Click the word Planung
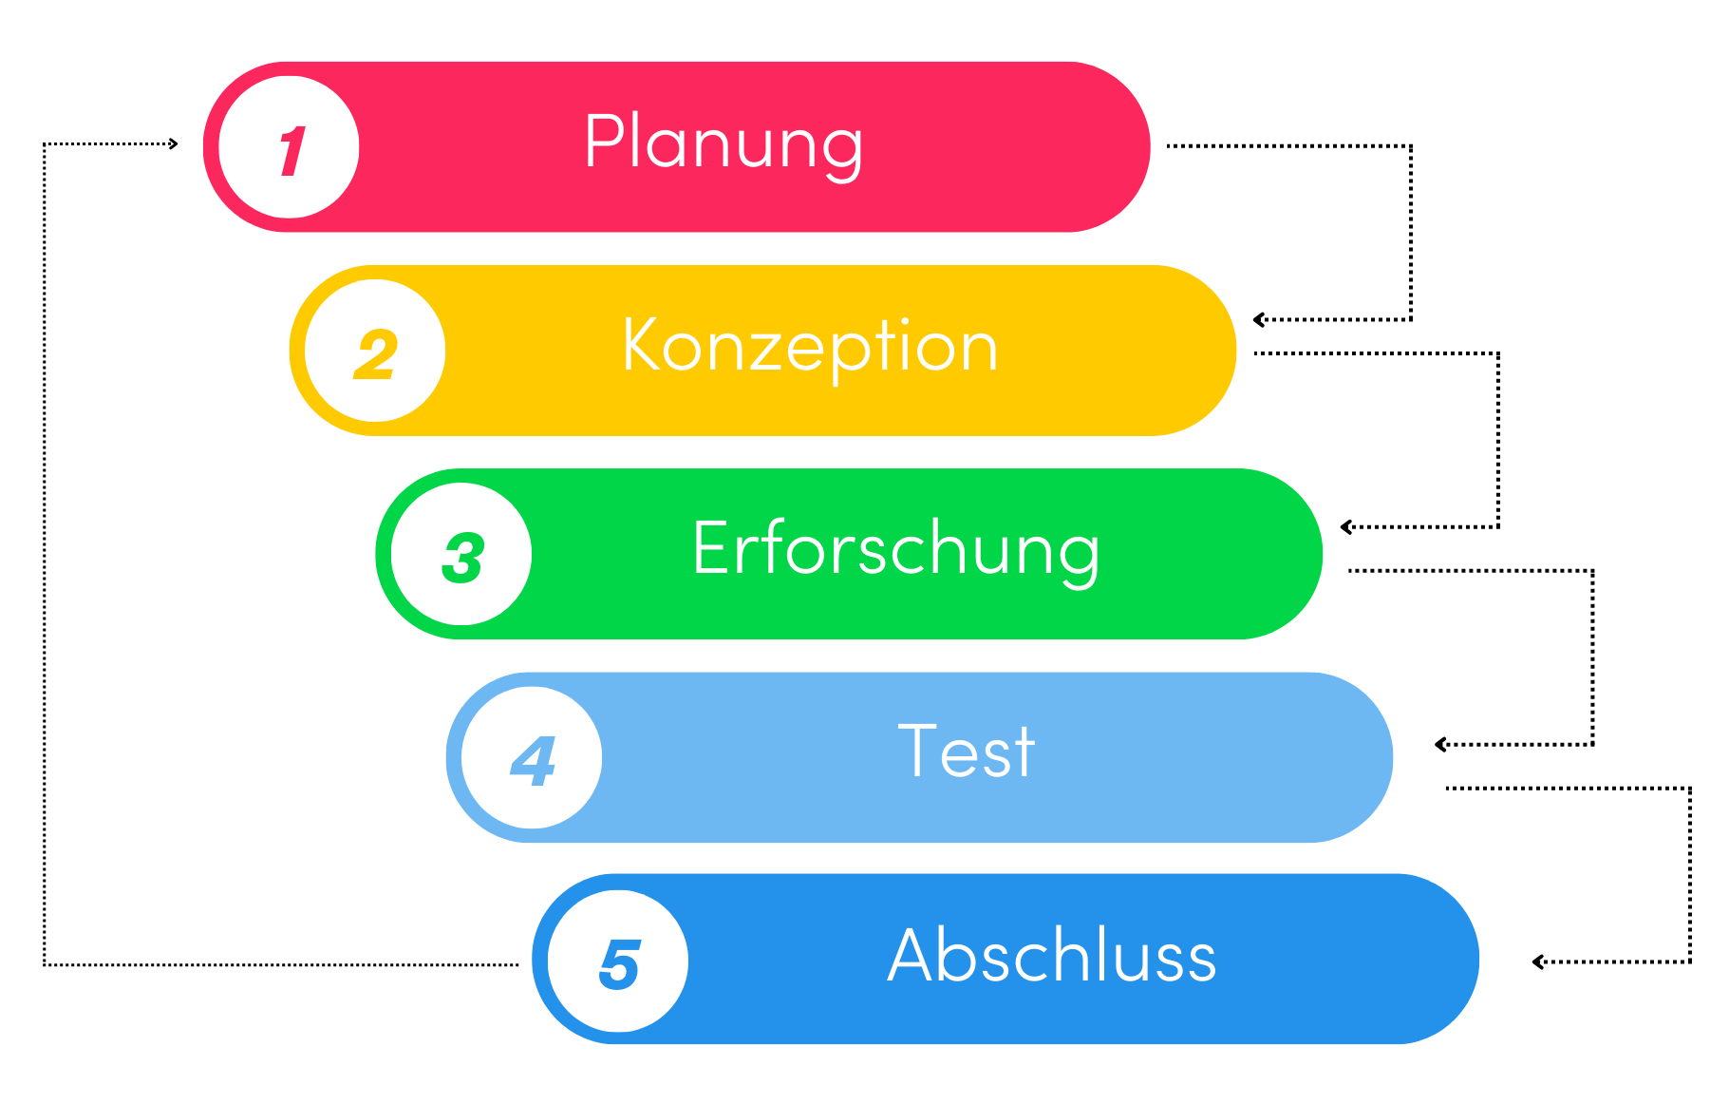pos(724,144)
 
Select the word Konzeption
pos(810,348)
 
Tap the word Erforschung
pos(896,550)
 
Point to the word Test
pos(966,752)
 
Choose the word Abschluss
pos(1052,956)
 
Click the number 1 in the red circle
pos(291,151)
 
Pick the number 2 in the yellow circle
pos(376,355)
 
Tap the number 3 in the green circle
pos(463,558)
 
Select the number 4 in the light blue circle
pos(533,761)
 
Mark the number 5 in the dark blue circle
pos(620,964)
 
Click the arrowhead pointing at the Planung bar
pos(173,144)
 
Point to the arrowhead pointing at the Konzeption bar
pos(1259,320)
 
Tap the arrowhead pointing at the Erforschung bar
pos(1346,527)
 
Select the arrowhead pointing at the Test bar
pos(1440,745)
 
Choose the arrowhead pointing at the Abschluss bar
pos(1538,962)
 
